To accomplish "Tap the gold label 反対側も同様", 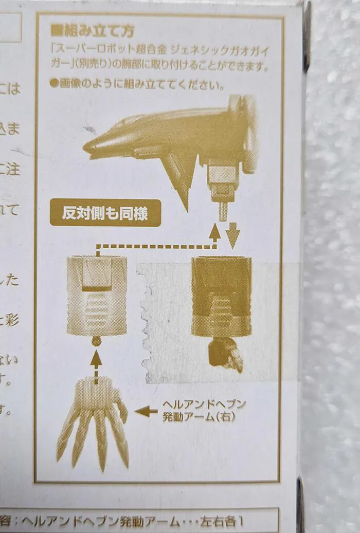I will click(105, 212).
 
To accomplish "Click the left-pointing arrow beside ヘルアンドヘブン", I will click(146, 411).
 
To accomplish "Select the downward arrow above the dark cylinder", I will click(233, 235).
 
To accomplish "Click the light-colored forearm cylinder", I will click(97, 296).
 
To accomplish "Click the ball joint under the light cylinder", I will click(96, 341).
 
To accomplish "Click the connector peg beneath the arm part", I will click(222, 211).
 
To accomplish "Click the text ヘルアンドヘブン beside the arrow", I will click(204, 404).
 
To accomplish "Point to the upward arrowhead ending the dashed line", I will click(215, 232).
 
